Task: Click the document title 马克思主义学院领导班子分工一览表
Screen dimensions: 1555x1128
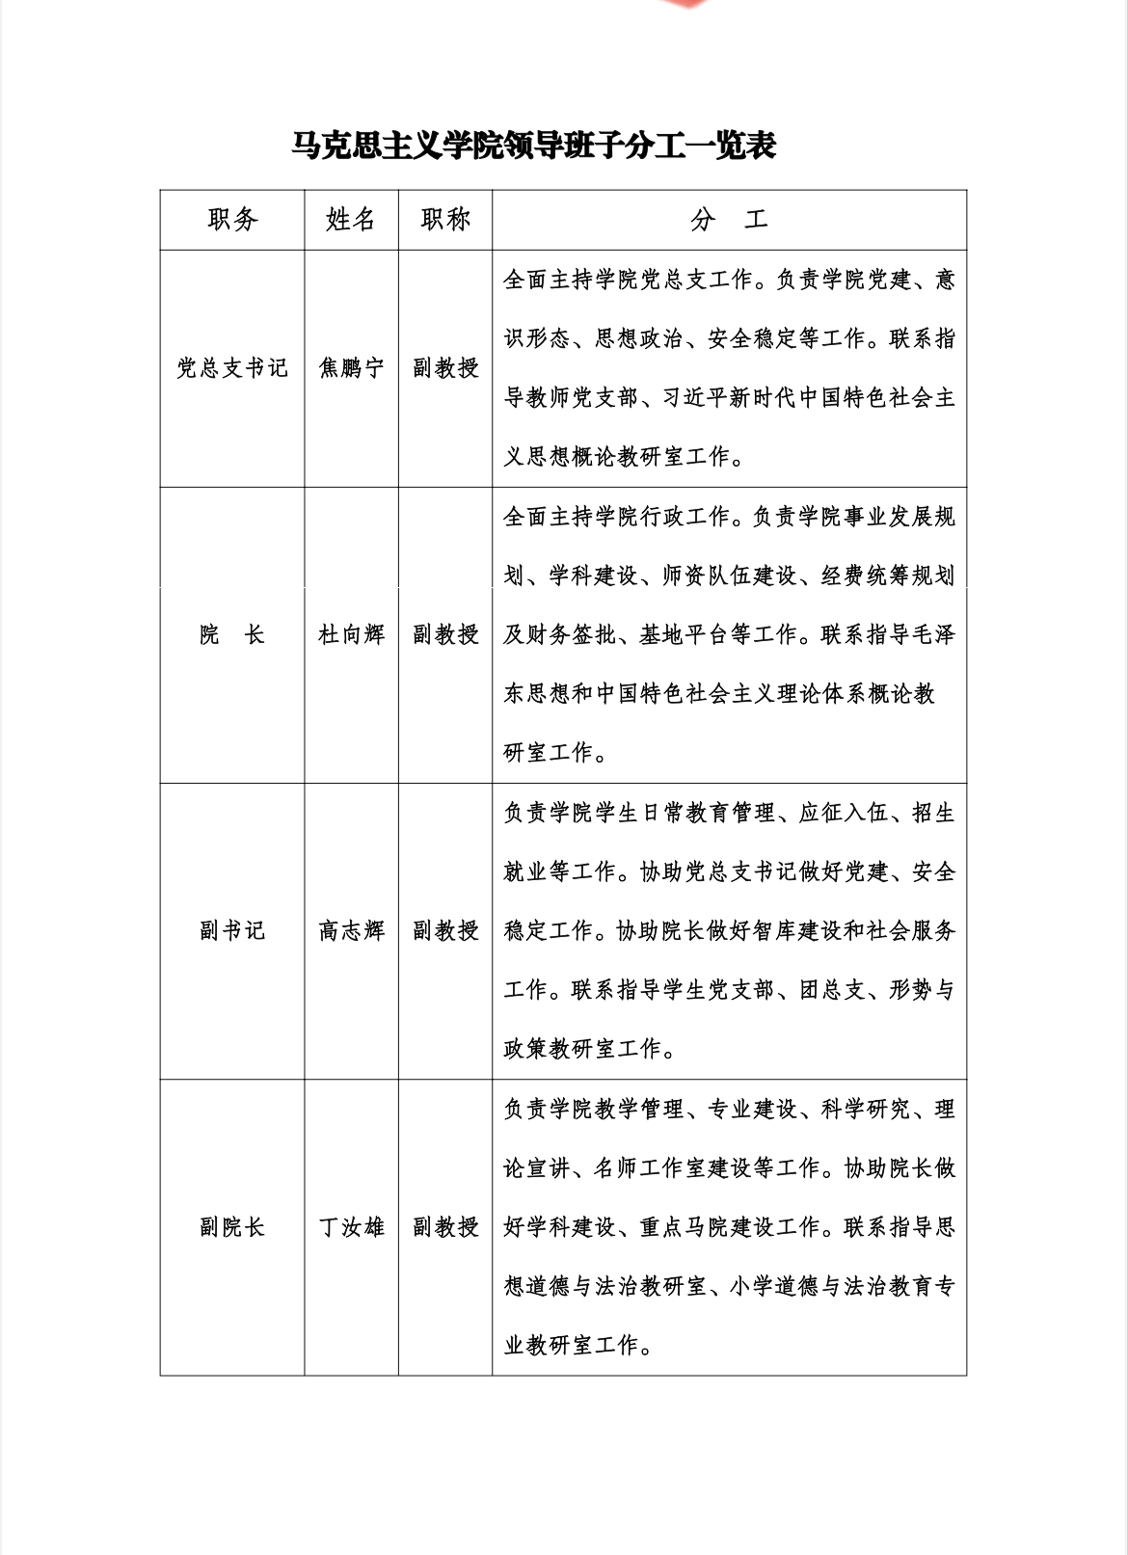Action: (x=534, y=147)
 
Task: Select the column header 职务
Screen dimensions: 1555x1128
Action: (x=232, y=220)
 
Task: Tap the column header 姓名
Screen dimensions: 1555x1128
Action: (x=351, y=220)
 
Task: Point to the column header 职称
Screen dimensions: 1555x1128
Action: (x=445, y=220)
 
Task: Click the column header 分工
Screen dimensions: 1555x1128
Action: (x=729, y=221)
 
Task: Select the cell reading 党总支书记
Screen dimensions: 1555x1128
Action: (x=232, y=368)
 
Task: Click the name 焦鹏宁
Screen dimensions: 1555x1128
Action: (x=351, y=368)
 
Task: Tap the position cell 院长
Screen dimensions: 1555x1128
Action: (x=232, y=634)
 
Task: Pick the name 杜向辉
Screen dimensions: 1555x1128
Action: (x=351, y=634)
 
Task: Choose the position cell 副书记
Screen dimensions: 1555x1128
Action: (x=232, y=930)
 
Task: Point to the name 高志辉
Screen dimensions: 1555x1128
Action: (x=351, y=930)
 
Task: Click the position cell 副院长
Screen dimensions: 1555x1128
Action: (x=232, y=1227)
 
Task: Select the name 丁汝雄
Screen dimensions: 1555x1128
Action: (x=351, y=1227)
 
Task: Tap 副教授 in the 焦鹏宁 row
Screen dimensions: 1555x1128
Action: (x=445, y=368)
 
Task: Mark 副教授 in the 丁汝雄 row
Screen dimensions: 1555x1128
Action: (x=445, y=1227)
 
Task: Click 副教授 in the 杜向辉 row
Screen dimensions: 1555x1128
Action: (x=445, y=634)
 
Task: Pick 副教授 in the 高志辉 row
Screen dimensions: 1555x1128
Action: (x=445, y=930)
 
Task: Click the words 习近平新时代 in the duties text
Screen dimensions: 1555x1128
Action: (x=729, y=398)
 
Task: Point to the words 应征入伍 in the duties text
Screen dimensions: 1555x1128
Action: (x=844, y=814)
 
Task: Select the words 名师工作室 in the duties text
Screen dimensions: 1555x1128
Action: (x=651, y=1168)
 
